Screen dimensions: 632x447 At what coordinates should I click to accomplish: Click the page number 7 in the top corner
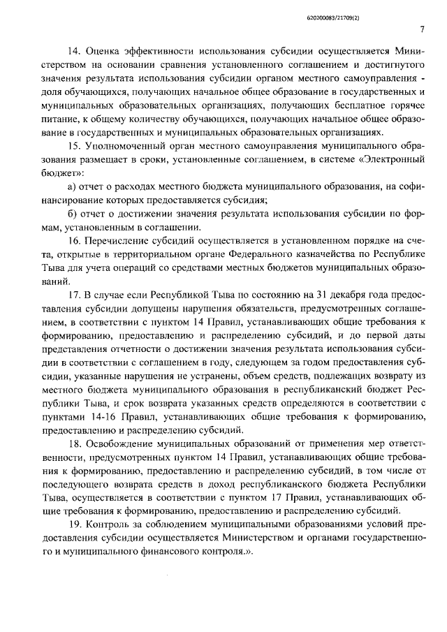pyautogui.click(x=424, y=29)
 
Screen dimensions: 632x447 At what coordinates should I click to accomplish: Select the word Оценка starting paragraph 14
pyautogui.click(x=104, y=51)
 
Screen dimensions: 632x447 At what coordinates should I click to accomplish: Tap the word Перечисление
pyautogui.click(x=117, y=240)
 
